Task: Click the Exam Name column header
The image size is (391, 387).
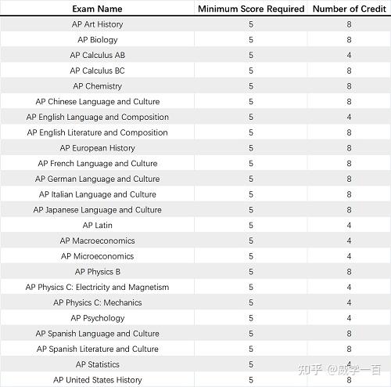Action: point(97,9)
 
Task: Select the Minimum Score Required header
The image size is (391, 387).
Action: point(250,9)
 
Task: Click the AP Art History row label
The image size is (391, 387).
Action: point(97,24)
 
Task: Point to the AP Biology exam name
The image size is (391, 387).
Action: point(97,40)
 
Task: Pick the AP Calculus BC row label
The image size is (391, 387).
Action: point(97,71)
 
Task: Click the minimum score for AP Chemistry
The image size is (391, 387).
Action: point(251,86)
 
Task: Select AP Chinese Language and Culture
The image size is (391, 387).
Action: point(97,102)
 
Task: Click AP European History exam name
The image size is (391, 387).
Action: point(97,148)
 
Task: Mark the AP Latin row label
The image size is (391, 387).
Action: point(97,226)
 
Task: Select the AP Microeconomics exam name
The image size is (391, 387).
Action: point(97,256)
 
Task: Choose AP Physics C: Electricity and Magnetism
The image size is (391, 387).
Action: point(97,288)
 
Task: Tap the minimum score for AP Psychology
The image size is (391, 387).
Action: point(251,318)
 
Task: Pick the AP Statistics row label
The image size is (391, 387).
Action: point(97,364)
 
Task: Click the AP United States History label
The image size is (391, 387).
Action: point(97,380)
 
